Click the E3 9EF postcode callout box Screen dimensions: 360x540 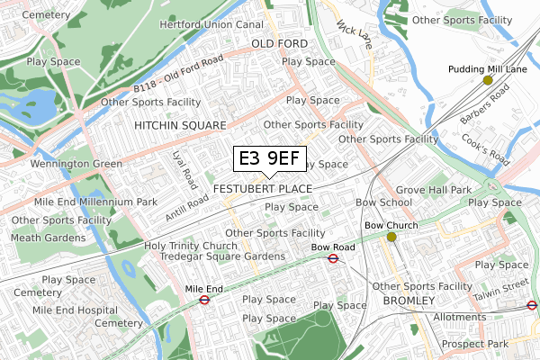267,159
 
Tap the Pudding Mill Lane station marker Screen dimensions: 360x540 488,80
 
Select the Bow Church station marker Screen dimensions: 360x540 391,238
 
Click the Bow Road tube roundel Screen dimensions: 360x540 333,258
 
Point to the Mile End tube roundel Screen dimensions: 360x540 203,301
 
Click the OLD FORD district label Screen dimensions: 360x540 279,43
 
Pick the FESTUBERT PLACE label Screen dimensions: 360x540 263,189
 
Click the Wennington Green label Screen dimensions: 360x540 76,164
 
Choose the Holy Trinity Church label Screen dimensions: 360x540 190,246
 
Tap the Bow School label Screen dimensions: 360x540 378,202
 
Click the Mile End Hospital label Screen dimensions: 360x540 74,310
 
